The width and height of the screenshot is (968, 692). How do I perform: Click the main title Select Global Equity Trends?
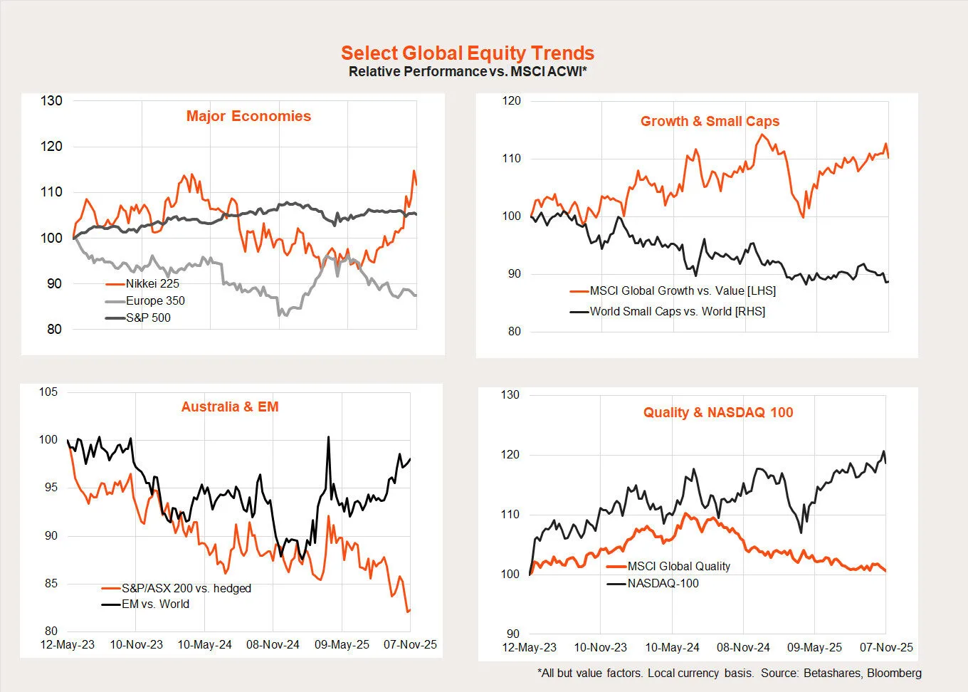click(467, 53)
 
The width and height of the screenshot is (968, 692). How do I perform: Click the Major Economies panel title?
click(248, 116)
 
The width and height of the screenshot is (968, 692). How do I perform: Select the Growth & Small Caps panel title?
click(710, 121)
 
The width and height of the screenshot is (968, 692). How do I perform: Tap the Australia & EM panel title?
click(230, 407)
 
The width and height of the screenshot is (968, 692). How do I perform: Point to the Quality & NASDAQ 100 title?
click(717, 412)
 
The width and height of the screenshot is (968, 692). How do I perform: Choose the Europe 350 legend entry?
click(155, 300)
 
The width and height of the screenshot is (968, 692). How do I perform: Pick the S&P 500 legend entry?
click(148, 318)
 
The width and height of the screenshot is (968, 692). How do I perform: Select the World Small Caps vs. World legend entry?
click(677, 311)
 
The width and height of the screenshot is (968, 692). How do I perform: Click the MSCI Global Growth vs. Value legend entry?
click(683, 290)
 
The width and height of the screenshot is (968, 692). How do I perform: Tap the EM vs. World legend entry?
click(155, 604)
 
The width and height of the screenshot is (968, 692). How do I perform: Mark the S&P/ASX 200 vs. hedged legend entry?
click(186, 588)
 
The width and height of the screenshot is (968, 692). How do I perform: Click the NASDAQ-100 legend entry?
click(663, 583)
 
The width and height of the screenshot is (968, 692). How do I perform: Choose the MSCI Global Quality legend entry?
click(678, 566)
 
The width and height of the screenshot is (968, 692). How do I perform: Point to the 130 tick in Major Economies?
click(51, 100)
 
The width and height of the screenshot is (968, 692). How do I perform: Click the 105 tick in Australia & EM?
click(48, 392)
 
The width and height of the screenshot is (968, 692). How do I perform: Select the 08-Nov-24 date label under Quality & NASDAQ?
click(743, 647)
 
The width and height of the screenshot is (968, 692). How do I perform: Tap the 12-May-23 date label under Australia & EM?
click(68, 644)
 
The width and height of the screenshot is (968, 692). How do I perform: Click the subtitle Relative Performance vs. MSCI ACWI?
click(467, 71)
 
